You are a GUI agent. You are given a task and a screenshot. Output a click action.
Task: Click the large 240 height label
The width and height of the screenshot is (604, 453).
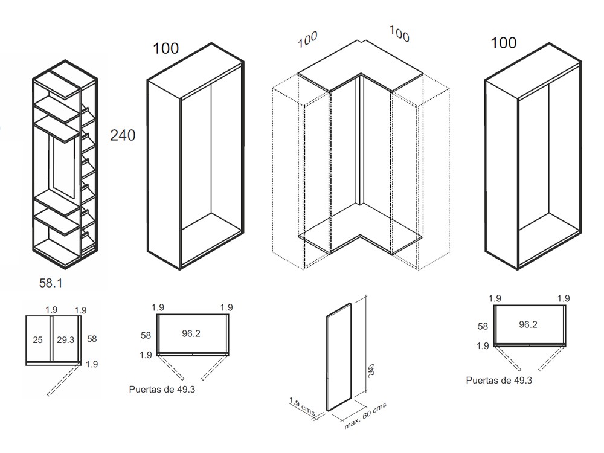tap(123, 135)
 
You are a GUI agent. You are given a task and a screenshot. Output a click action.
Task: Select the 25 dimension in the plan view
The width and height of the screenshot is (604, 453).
tap(37, 341)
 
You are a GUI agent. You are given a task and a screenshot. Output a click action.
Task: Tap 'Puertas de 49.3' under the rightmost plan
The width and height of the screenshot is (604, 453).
tap(499, 381)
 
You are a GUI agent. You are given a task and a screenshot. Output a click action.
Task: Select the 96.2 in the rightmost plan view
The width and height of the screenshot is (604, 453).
tap(528, 324)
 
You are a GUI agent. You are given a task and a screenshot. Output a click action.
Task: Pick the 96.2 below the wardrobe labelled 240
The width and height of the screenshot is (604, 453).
tap(190, 333)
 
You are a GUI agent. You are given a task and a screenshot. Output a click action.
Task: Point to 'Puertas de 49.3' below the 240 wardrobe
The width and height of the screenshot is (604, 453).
tap(162, 390)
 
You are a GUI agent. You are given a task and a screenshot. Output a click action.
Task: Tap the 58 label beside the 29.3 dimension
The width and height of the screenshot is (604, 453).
tap(92, 339)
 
